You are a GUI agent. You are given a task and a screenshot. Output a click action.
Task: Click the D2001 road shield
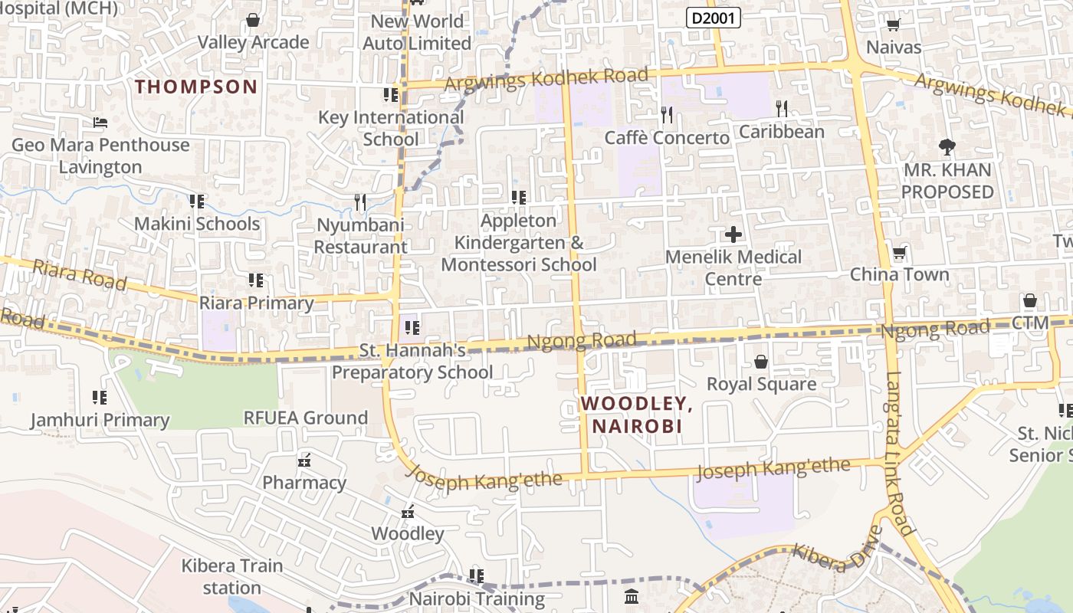[x=713, y=18]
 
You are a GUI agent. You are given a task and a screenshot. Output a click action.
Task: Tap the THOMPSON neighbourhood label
[x=196, y=87]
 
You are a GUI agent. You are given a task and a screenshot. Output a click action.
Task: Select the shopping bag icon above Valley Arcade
[x=253, y=20]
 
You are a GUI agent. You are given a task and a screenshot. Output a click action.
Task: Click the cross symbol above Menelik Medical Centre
[x=733, y=234]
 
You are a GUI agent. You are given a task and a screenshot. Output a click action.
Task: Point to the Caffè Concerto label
[x=667, y=138]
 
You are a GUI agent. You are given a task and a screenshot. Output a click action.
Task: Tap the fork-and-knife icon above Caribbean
[x=781, y=109]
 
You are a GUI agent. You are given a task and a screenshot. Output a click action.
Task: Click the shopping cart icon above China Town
[x=899, y=253]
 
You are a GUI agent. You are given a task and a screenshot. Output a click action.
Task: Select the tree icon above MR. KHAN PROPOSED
[x=947, y=147]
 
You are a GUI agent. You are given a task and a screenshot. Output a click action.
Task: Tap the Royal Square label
[x=761, y=384]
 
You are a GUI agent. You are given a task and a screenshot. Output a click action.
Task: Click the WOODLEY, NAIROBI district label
[x=636, y=415]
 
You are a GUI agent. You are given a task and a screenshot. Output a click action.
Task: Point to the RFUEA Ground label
[x=306, y=418]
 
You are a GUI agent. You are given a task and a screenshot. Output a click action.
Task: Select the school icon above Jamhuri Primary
[x=100, y=397]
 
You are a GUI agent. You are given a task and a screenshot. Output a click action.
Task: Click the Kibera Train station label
[x=231, y=576]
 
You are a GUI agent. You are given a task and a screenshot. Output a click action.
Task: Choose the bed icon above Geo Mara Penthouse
[x=100, y=123]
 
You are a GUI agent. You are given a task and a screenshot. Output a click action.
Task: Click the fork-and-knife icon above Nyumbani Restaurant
[x=360, y=202]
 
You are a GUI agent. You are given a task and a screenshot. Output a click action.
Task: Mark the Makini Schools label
[x=197, y=224]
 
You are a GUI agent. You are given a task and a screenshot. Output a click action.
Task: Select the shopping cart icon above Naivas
[x=893, y=25]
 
